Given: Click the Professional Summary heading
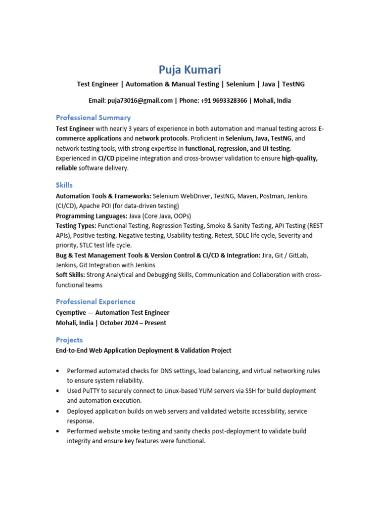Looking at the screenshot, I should tap(93, 118).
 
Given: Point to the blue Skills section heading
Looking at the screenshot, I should tap(64, 185).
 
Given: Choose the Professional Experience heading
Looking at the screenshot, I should tap(95, 301).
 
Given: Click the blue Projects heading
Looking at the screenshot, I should tap(69, 340).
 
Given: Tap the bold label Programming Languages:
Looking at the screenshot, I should tap(91, 216).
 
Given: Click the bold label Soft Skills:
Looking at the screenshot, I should tap(70, 275).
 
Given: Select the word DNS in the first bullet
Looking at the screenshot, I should tap(153, 371).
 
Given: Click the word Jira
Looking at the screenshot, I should tap(268, 255).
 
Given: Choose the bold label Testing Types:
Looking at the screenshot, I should tap(76, 226).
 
